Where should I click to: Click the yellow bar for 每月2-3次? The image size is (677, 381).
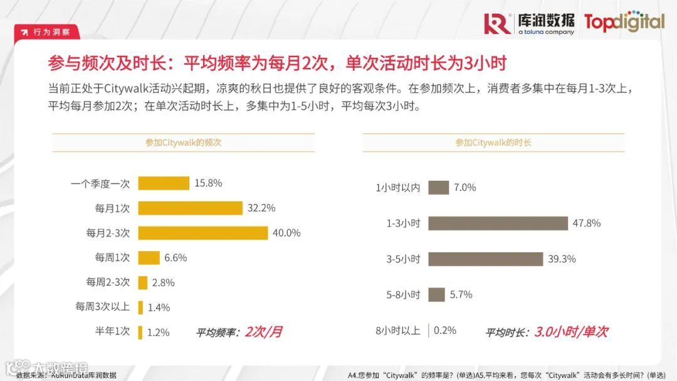pos(204,233)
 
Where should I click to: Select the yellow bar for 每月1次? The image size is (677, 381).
pos(190,208)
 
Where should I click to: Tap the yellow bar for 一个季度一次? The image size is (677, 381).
pos(164,183)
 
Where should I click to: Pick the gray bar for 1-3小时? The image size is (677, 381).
pos(498,223)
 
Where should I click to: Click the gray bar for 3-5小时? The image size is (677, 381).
pos(485,259)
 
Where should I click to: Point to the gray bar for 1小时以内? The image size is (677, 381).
pos(439,187)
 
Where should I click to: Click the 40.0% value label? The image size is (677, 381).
pos(286,233)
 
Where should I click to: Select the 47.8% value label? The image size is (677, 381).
pos(587,223)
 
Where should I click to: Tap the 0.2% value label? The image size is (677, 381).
pos(445,330)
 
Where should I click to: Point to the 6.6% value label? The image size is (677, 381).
pos(176,257)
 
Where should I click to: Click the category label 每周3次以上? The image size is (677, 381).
pos(102,307)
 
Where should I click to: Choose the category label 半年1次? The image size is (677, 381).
pos(112,331)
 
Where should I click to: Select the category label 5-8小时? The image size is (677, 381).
pos(402,294)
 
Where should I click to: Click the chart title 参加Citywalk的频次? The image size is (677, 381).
pos(183,142)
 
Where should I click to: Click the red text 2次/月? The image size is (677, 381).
pos(263,331)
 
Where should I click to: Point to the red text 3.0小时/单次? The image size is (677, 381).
pos(570,331)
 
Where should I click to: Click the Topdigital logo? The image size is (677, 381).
pos(624,23)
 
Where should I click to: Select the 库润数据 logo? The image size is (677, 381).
pos(530,23)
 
